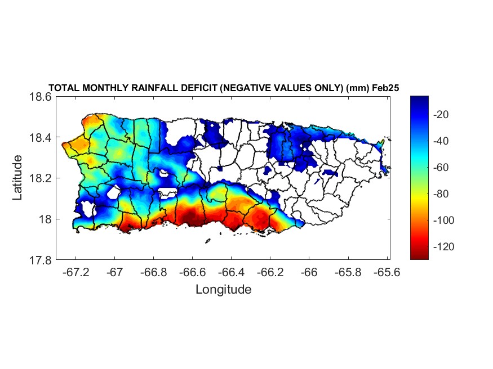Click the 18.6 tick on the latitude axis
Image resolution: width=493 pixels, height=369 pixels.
pos(40,97)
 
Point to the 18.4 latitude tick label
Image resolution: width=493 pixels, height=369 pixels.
pos(40,138)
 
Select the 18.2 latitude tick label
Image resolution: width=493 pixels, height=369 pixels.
pos(40,178)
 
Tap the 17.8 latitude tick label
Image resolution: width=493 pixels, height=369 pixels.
pos(40,260)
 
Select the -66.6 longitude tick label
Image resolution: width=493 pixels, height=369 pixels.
pos(192,272)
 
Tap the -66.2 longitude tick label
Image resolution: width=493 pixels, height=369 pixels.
pos(270,272)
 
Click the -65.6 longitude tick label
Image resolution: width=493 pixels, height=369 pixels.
pos(387,272)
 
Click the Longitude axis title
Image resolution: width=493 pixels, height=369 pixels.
pos(223,290)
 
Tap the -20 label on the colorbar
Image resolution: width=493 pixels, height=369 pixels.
pos(439,114)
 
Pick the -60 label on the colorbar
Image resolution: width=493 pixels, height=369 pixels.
pos(439,167)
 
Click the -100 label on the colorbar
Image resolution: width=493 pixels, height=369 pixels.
pos(441,220)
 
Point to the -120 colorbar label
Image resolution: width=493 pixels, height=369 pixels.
pos(441,246)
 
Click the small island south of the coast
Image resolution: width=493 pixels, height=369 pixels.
pos(208,241)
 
